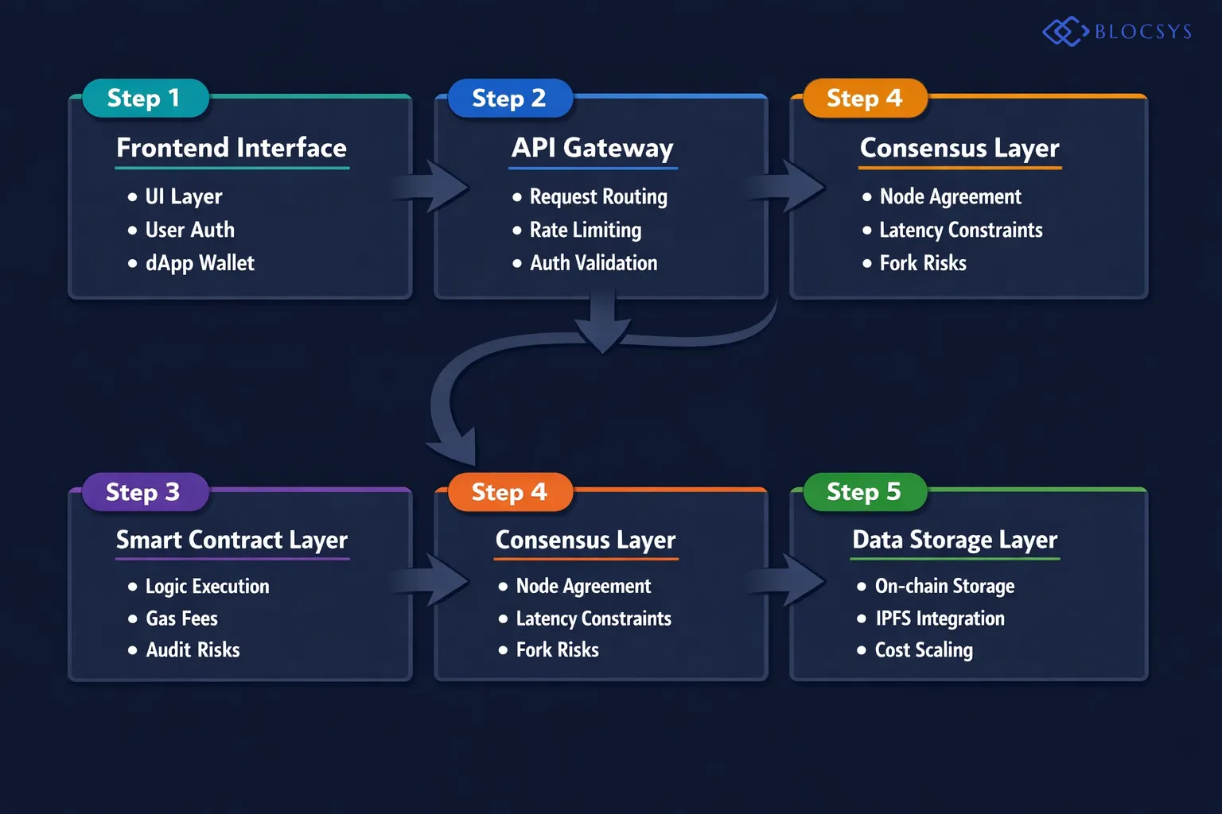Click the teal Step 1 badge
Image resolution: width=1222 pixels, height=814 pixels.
(145, 99)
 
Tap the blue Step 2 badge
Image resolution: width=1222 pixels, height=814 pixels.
(509, 99)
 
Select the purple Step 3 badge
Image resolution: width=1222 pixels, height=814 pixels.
(144, 492)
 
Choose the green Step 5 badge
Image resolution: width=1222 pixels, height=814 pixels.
(864, 492)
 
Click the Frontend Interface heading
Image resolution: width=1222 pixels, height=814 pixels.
(232, 148)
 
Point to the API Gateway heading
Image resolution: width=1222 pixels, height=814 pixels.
(593, 148)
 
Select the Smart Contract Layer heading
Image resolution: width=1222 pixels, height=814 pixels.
(232, 540)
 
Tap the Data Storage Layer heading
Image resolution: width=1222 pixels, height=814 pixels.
(955, 540)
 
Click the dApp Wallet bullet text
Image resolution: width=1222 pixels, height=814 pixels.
(200, 263)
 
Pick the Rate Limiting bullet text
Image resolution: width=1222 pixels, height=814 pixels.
(586, 230)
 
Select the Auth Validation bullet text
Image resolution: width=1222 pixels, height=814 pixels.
(593, 263)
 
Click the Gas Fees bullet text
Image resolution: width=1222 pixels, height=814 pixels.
(181, 618)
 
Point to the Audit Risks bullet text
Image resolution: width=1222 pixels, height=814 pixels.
(193, 650)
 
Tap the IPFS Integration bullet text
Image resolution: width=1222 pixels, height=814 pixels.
(940, 618)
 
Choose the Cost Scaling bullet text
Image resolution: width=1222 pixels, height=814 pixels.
(924, 650)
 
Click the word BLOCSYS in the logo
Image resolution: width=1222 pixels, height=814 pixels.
(1143, 32)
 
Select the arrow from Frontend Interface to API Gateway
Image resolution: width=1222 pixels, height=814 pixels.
(434, 187)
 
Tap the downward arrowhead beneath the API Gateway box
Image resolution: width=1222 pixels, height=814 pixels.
(603, 330)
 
